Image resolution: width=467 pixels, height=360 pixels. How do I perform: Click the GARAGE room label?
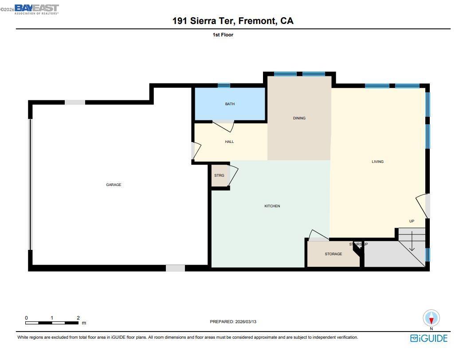coord(114,185)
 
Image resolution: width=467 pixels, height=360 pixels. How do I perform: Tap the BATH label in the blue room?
coord(230,104)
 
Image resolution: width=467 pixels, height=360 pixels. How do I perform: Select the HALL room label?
coord(229,142)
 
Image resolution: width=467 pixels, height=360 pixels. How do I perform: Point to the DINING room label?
coord(299,118)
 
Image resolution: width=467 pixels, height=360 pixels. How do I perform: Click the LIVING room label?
coord(377,162)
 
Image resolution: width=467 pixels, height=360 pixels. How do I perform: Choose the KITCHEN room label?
coord(272,206)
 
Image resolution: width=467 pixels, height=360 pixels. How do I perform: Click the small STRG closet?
coord(219,175)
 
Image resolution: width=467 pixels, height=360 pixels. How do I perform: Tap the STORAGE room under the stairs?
coord(333,254)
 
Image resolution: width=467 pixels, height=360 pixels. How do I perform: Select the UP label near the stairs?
coord(412,221)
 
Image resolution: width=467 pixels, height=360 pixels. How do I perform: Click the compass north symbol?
coord(432,318)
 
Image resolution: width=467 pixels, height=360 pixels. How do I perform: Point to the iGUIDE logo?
coord(429,338)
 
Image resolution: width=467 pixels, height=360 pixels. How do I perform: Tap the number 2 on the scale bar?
coord(78,318)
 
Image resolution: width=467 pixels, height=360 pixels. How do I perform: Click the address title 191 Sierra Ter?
coord(233,21)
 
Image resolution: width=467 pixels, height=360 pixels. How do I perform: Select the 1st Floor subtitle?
coord(223,35)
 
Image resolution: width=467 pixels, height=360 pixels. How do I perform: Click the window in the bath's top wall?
coord(224,85)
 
